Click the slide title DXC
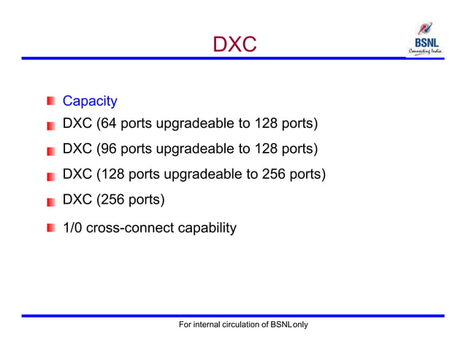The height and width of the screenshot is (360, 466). point(234,45)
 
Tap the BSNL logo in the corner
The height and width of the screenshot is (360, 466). point(425,39)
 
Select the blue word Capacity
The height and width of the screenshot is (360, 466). point(90,101)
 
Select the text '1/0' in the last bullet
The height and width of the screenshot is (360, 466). point(73,228)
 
